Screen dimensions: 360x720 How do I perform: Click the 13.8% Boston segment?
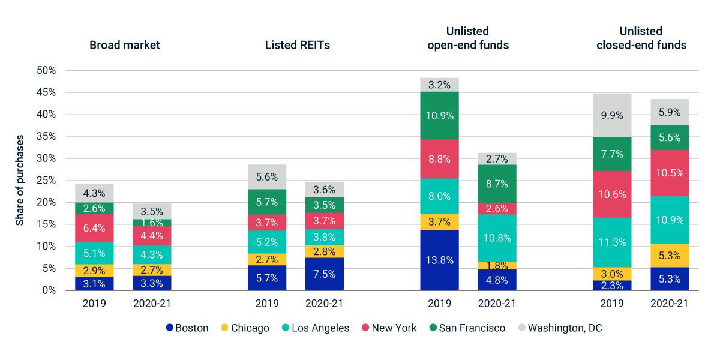coord(439,260)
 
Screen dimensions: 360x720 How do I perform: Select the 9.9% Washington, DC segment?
coord(612,115)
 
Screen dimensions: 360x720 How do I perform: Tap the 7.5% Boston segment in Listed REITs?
coord(325,274)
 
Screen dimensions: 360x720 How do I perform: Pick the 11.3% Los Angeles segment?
coord(612,242)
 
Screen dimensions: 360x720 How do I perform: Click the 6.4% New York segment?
coord(94,228)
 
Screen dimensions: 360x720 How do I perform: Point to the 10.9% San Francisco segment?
coord(439,115)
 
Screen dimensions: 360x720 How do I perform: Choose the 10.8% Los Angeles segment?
coord(497,238)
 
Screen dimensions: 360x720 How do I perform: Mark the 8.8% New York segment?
coord(439,159)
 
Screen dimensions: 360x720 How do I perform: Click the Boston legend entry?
coord(187,328)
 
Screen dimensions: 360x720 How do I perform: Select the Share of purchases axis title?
coord(20,180)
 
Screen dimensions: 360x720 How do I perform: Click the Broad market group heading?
coord(125,45)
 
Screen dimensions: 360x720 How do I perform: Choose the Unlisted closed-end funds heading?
coord(641,38)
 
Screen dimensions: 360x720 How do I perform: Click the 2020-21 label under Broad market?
coord(152,303)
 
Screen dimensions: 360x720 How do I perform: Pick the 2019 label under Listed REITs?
coord(267,303)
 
